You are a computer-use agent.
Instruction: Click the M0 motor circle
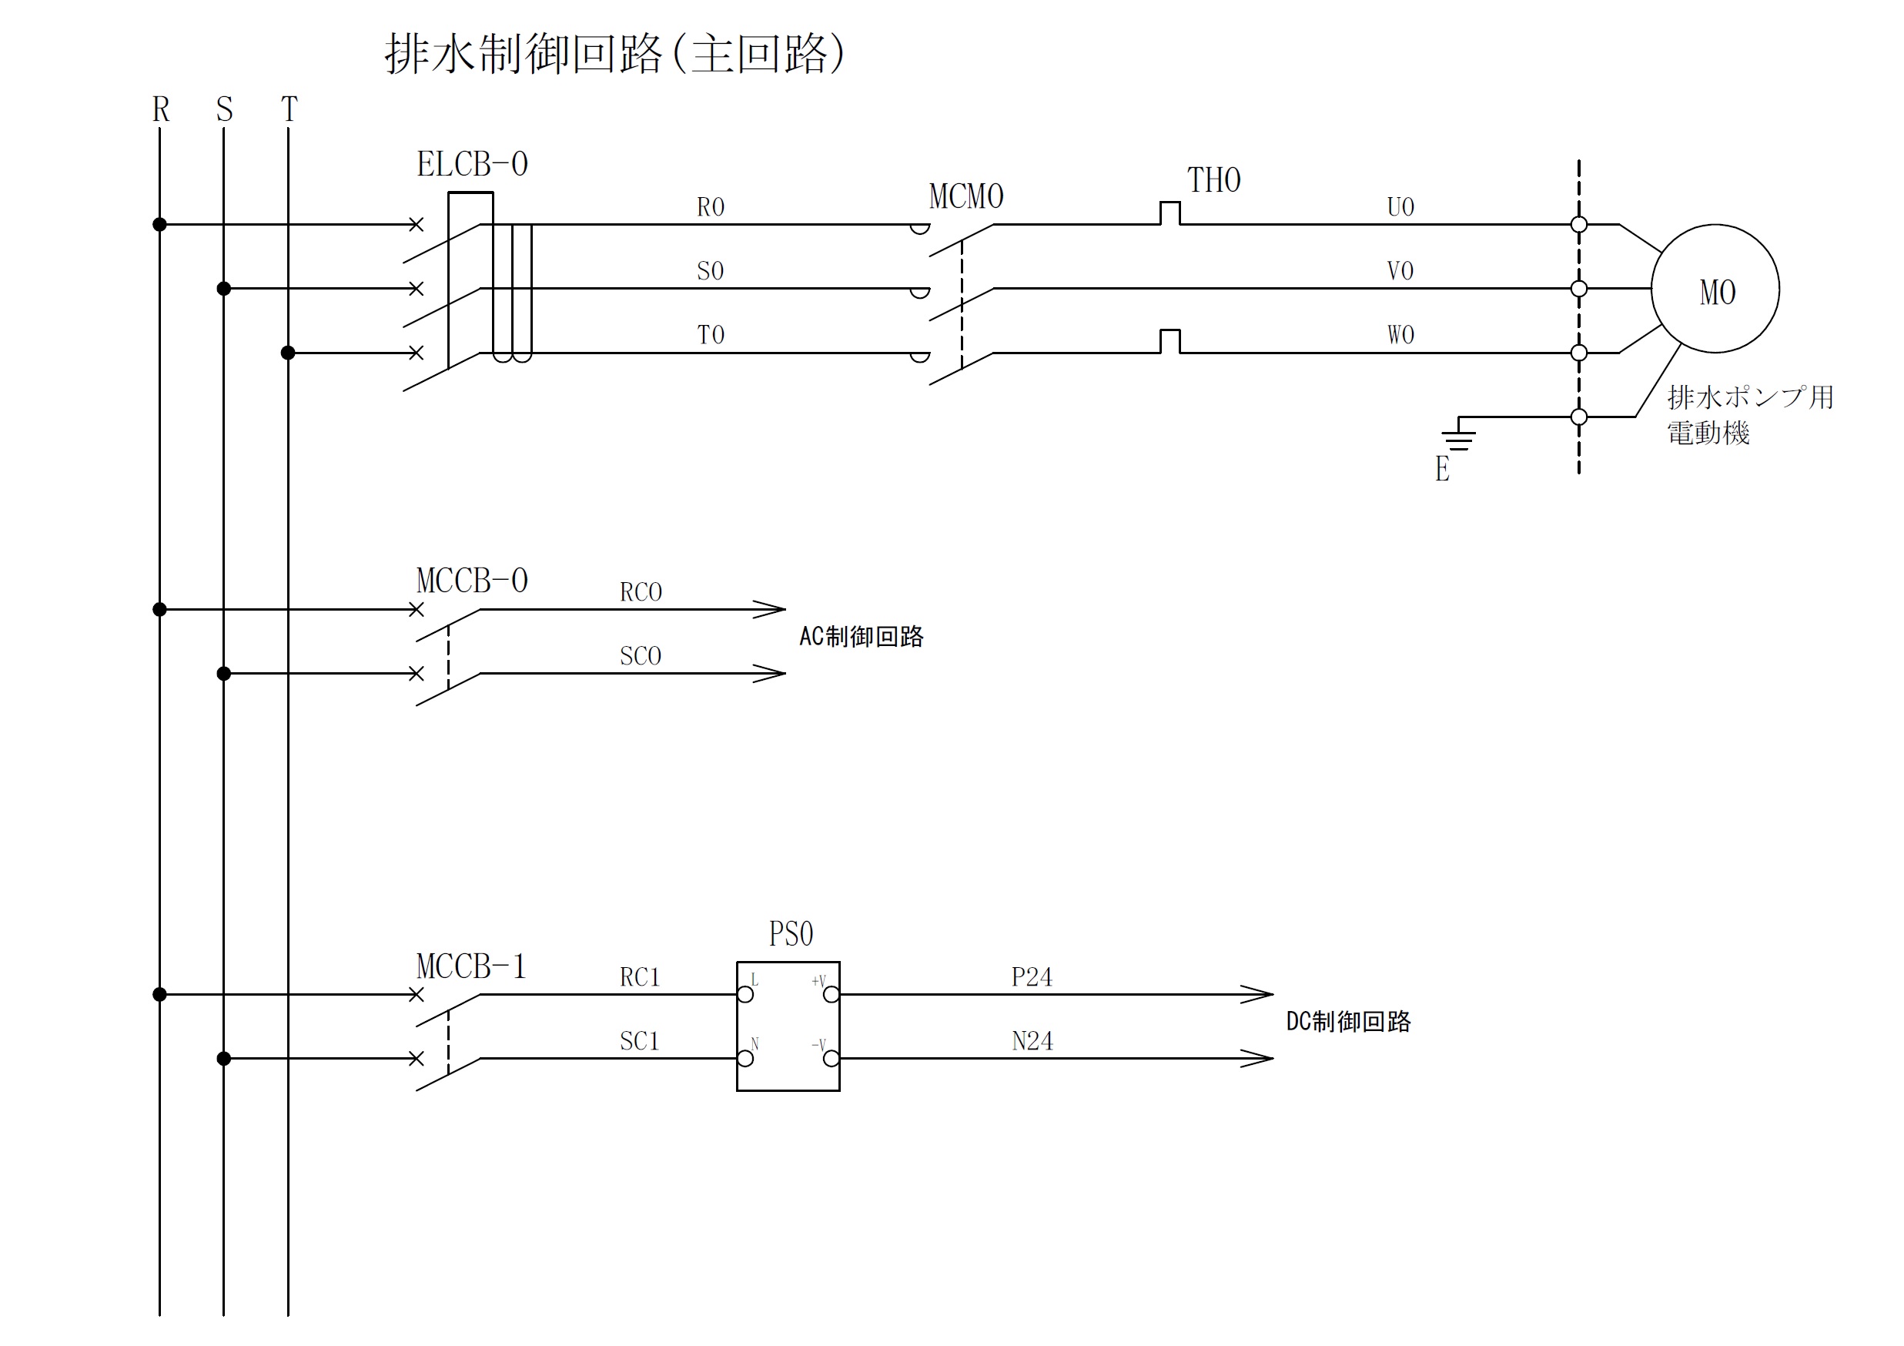(1714, 289)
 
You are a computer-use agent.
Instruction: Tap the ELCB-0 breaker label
(472, 164)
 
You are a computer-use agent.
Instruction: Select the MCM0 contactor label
(966, 196)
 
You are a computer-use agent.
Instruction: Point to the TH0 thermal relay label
(1213, 180)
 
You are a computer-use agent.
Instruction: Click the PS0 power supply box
(788, 1026)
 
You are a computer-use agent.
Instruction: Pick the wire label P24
(1032, 977)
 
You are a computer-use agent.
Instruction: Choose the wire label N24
(1032, 1041)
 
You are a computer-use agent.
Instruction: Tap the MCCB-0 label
(472, 581)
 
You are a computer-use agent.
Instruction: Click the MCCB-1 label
(471, 966)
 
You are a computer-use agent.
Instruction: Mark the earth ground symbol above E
(1458, 439)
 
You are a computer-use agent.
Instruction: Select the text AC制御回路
(861, 637)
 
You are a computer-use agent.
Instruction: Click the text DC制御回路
(1347, 1022)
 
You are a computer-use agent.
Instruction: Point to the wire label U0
(1400, 206)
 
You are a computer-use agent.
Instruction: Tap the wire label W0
(1400, 334)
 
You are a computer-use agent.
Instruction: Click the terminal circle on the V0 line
(1579, 289)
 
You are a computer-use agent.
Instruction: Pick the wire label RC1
(639, 977)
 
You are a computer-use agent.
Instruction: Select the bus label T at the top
(289, 109)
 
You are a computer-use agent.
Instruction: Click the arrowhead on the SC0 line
(771, 674)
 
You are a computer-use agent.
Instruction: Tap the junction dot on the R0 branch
(160, 225)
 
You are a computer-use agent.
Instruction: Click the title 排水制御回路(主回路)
(614, 54)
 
